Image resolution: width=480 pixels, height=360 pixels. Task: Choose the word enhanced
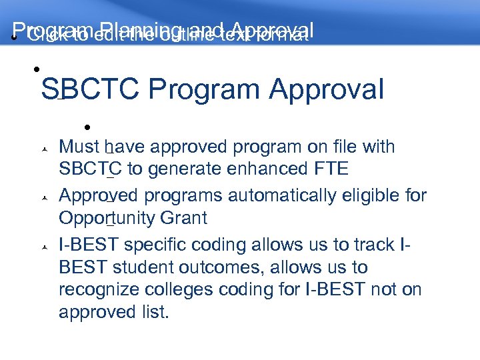point(257,169)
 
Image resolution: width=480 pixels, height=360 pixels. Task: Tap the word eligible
point(373,195)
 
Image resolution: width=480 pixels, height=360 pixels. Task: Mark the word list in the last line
point(155,312)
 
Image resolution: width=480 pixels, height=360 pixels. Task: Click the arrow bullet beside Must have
point(43,148)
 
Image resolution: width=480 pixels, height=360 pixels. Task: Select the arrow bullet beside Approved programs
point(43,197)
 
